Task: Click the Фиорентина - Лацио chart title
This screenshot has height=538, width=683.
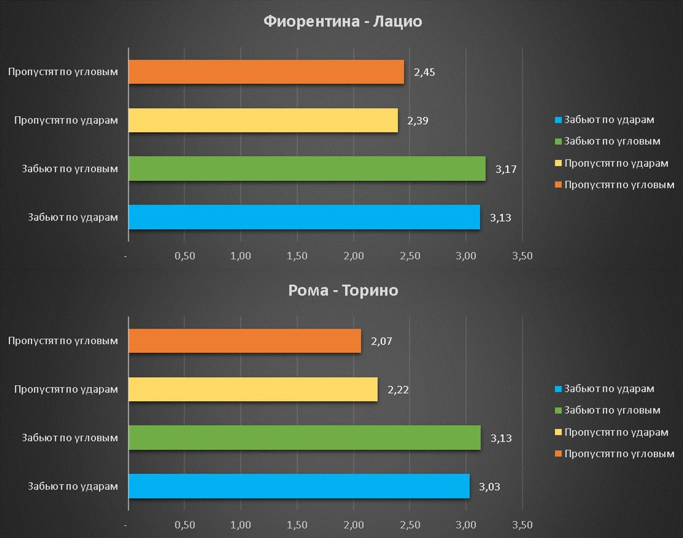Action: pyautogui.click(x=342, y=22)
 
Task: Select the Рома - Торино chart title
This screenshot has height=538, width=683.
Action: pyautogui.click(x=343, y=290)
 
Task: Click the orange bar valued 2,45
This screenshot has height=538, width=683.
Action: pyautogui.click(x=266, y=72)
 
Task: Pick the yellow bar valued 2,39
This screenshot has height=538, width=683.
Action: pyautogui.click(x=263, y=120)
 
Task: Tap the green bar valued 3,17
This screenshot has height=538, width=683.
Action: pyautogui.click(x=307, y=169)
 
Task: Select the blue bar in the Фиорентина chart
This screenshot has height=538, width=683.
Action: pyautogui.click(x=304, y=217)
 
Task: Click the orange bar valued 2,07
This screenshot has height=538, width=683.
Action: pyautogui.click(x=245, y=341)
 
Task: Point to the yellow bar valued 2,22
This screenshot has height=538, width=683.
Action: pyautogui.click(x=253, y=390)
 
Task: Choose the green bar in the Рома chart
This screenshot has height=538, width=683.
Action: pyautogui.click(x=305, y=438)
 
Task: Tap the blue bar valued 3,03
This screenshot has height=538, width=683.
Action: pyautogui.click(x=299, y=486)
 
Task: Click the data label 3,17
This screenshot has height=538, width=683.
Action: pyautogui.click(x=506, y=169)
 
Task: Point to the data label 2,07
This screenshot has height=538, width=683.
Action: pyautogui.click(x=381, y=341)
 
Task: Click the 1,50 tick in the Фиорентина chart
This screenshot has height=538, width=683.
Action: pyautogui.click(x=297, y=256)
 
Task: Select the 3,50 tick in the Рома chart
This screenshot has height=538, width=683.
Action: pyautogui.click(x=522, y=525)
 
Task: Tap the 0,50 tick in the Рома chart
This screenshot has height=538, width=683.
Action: pyautogui.click(x=185, y=525)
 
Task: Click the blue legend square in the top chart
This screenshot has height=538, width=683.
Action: pyautogui.click(x=558, y=120)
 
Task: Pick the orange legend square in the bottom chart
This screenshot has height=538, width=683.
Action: pyautogui.click(x=558, y=454)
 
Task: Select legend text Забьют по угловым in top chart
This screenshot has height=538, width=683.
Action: pyautogui.click(x=612, y=141)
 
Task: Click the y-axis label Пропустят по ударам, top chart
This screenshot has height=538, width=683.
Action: pyautogui.click(x=66, y=120)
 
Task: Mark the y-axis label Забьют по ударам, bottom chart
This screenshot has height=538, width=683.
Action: pyautogui.click(x=73, y=486)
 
